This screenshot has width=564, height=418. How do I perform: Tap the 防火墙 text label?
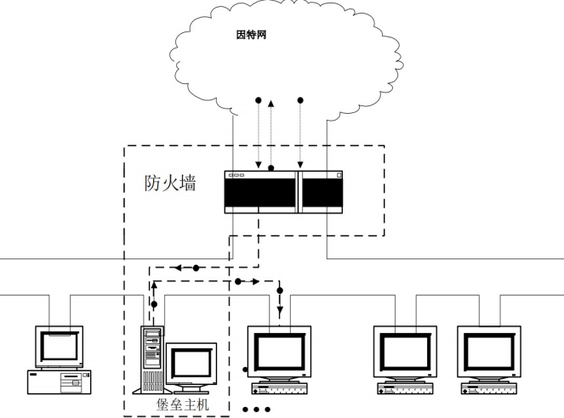coord(169,182)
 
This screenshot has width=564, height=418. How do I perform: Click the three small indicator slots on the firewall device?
coord(236,176)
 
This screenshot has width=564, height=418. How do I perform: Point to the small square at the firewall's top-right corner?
coord(338,176)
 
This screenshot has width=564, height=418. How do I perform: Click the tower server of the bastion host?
coord(151,356)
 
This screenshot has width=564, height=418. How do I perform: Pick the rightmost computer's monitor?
coord(490,351)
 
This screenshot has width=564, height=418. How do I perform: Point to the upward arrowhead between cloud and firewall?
coord(271,104)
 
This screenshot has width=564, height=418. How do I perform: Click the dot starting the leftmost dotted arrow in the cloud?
coord(259,100)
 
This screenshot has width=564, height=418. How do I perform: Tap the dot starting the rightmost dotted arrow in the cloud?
coord(299,100)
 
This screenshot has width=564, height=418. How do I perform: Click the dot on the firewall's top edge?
coord(271,168)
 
